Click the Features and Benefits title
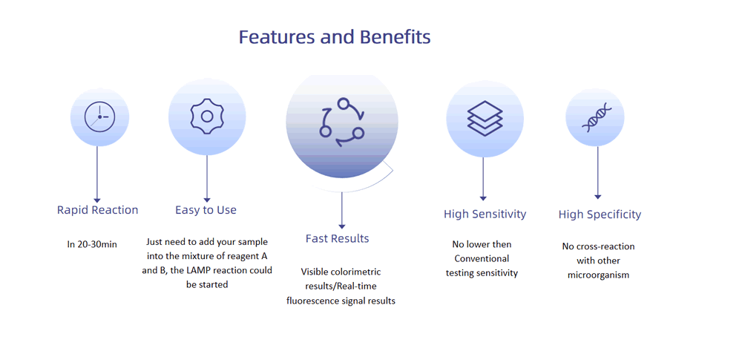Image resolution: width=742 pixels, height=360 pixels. (x=335, y=37)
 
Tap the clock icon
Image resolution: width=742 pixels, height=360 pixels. (x=100, y=117)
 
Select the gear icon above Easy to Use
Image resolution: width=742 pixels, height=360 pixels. (x=207, y=116)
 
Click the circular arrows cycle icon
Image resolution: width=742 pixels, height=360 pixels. (x=342, y=122)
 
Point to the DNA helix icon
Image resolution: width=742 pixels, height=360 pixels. (x=597, y=117)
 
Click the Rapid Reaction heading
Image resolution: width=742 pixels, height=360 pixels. (x=97, y=210)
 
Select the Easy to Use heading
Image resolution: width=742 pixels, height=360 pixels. (x=206, y=210)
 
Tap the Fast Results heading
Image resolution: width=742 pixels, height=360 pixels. (x=338, y=238)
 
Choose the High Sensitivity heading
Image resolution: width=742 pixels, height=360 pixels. (x=485, y=214)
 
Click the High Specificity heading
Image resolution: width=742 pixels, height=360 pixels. (x=600, y=215)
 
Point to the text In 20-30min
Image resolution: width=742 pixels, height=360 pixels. (x=92, y=244)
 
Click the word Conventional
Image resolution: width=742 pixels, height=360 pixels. (x=482, y=258)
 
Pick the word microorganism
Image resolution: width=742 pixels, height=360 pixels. (x=599, y=275)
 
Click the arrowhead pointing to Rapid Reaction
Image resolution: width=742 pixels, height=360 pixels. (x=97, y=200)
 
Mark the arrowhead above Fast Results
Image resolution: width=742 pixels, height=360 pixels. (x=341, y=226)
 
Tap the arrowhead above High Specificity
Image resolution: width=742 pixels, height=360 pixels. (x=597, y=196)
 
